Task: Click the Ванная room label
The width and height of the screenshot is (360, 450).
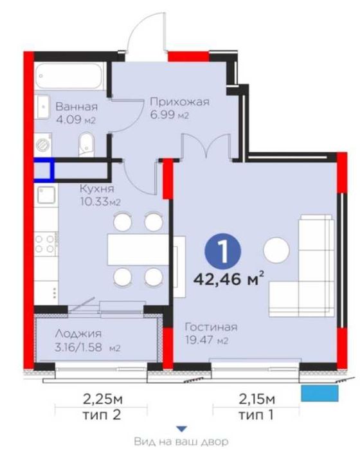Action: (76, 107)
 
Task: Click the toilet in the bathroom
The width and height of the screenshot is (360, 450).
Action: (87, 143)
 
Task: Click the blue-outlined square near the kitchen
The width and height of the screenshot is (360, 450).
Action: (44, 169)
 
